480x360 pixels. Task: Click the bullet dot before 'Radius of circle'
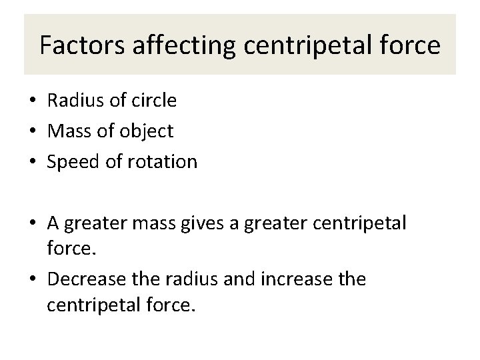point(32,101)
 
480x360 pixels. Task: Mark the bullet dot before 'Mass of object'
point(32,132)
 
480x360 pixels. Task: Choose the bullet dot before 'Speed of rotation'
point(32,163)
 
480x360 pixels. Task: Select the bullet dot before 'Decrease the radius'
point(32,279)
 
